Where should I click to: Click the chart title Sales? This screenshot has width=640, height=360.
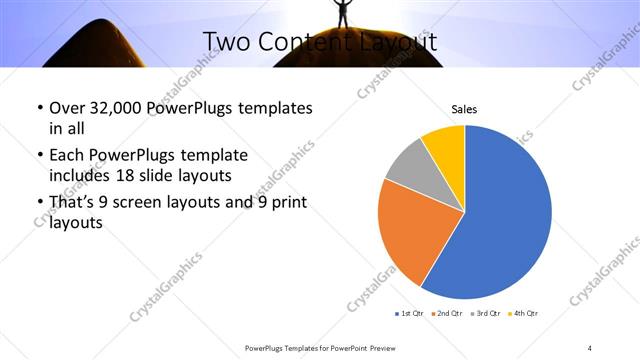(x=465, y=109)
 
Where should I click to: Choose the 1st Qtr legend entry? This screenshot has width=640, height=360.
(x=411, y=314)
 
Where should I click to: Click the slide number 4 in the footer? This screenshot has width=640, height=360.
(x=590, y=347)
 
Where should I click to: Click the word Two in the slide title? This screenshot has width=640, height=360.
(x=225, y=41)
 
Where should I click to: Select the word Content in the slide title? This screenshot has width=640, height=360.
(x=302, y=41)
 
